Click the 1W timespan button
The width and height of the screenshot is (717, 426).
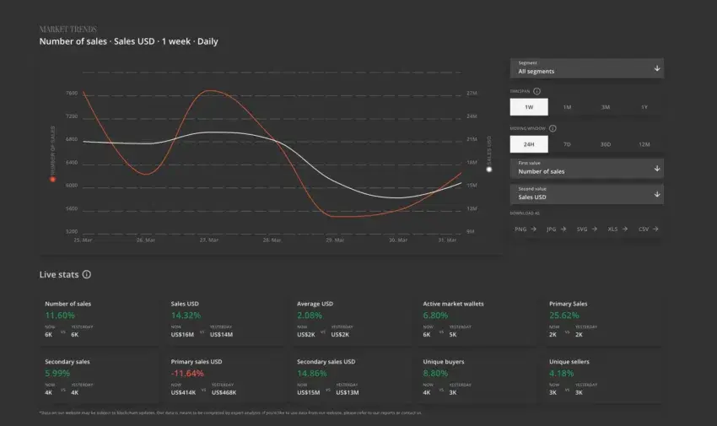[x=529, y=107]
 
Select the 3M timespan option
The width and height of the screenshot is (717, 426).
[x=606, y=107]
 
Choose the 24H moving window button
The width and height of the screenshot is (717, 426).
[x=529, y=144]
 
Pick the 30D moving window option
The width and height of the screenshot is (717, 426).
[x=606, y=144]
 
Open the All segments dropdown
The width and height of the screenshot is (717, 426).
[x=586, y=68]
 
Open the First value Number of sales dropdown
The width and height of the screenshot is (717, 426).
[x=586, y=168]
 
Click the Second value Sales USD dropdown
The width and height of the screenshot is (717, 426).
[x=586, y=194]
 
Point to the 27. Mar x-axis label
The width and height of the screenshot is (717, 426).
[x=209, y=240]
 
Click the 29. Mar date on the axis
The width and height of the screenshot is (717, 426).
[x=335, y=240]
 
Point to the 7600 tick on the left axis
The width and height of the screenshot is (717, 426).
[x=72, y=94]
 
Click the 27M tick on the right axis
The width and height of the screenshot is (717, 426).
[x=472, y=94]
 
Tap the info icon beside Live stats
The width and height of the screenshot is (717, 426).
[x=86, y=274]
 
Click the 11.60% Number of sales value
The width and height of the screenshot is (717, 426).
[x=60, y=315]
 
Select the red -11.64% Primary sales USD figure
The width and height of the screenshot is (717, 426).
[x=189, y=373]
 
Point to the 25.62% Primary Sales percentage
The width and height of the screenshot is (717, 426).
[x=565, y=315]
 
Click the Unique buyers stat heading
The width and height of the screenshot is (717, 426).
[x=443, y=362]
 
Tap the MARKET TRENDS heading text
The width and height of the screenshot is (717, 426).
[x=67, y=30]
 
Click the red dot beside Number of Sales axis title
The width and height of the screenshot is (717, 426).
[x=52, y=179]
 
